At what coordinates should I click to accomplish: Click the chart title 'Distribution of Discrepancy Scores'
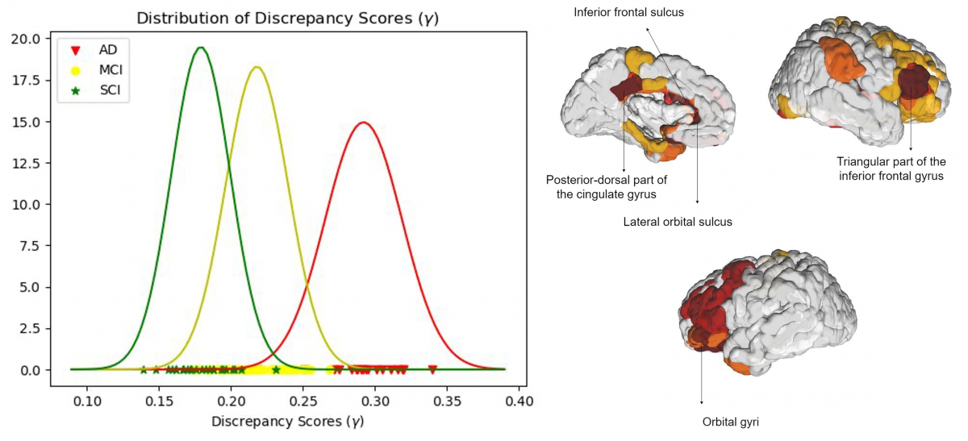[x=286, y=18]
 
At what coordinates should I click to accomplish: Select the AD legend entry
[x=95, y=50]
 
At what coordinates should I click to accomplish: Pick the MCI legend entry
[x=95, y=70]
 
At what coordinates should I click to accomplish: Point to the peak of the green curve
[x=201, y=48]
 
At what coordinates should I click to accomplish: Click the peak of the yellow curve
[x=257, y=67]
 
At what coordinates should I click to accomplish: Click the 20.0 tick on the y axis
[x=32, y=39]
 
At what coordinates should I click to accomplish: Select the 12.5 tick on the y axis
[x=32, y=163]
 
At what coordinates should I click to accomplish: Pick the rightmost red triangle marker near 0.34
[x=432, y=369]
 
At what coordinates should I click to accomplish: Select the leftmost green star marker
[x=144, y=369]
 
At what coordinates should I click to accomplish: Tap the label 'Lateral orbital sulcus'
[x=678, y=221]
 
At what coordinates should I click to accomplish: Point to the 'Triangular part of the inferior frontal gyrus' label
[x=891, y=168]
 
